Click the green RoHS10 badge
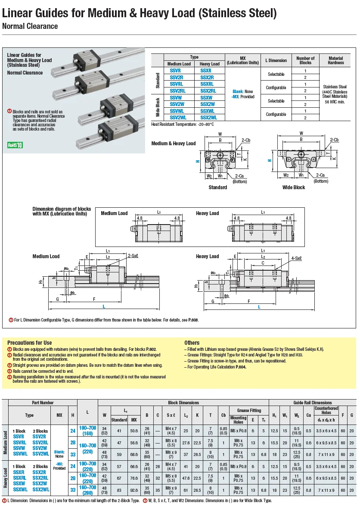15,145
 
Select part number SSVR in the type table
175,70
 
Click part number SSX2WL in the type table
208,118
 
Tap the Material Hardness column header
336,60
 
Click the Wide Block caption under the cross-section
294,187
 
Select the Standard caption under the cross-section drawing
217,187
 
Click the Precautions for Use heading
30,343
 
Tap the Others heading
192,343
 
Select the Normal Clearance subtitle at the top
30,26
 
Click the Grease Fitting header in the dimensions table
249,411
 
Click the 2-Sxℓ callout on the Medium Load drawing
133,256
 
